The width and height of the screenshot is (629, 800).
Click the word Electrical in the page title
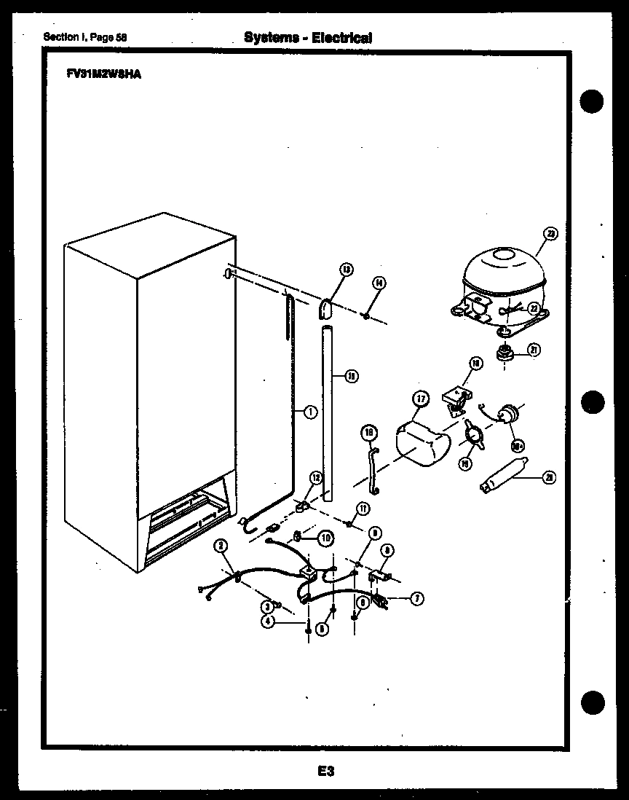click(x=341, y=37)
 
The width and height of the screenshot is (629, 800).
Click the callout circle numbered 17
click(x=420, y=399)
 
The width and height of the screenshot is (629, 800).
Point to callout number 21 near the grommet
click(x=534, y=350)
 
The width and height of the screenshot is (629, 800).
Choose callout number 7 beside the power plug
click(x=417, y=599)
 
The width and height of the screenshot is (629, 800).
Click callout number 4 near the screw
click(x=269, y=622)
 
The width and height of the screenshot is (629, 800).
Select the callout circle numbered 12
click(x=315, y=478)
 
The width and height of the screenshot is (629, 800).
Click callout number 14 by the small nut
click(x=379, y=283)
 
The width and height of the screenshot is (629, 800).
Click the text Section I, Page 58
click(x=85, y=37)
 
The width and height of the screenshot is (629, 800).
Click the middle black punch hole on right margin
click(x=593, y=401)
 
